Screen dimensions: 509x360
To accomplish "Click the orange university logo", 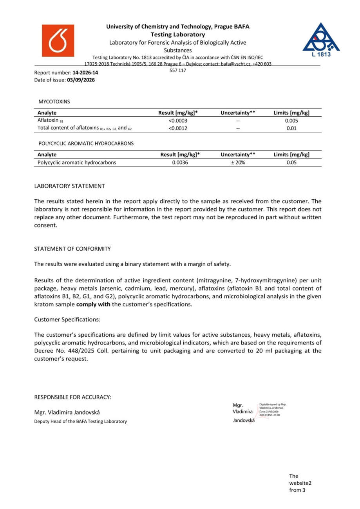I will (58, 41).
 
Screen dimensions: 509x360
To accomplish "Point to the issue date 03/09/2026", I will (81, 80).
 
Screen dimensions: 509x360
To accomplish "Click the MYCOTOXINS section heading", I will (54, 101).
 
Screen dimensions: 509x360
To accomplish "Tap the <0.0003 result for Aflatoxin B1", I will (178, 121).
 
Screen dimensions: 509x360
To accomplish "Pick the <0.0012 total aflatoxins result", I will (178, 128).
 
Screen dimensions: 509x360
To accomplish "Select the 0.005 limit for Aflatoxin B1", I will (291, 121).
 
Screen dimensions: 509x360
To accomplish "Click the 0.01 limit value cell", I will (291, 128).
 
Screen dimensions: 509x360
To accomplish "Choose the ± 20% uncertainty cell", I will (237, 162).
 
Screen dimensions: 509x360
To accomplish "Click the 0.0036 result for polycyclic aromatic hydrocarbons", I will (180, 162).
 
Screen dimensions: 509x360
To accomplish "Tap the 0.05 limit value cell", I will (291, 162).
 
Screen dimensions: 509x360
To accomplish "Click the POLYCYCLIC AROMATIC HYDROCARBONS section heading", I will (86, 143).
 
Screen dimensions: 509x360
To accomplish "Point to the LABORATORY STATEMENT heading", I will (69, 186).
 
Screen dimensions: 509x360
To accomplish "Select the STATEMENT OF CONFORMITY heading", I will (72, 249).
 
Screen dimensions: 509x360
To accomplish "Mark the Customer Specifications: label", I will (67, 319).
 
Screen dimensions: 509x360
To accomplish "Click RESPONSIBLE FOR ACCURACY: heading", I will (73, 397).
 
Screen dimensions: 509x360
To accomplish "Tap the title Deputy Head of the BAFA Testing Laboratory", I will (81, 421).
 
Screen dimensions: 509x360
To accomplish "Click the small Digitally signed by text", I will (273, 404).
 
